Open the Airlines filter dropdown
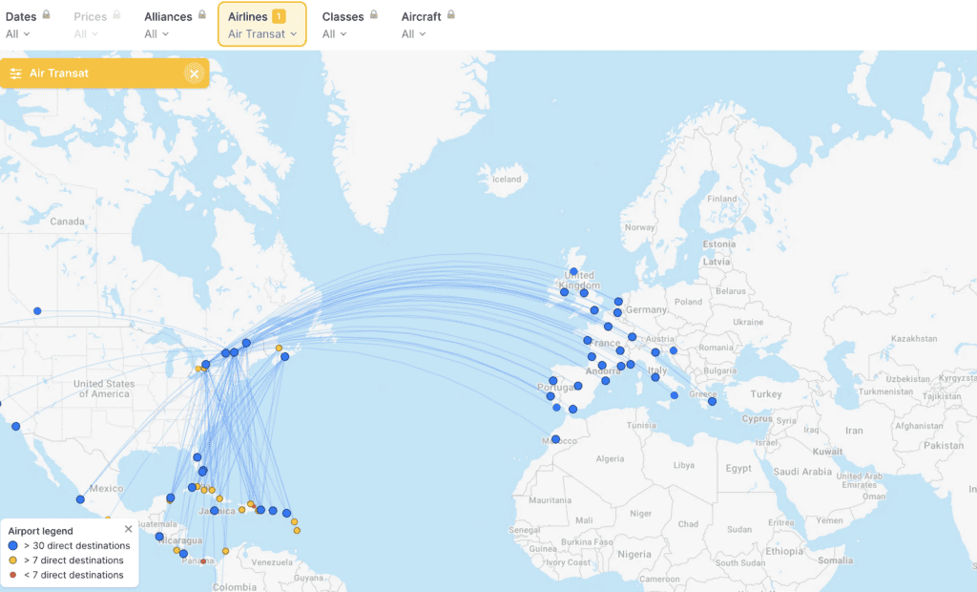click(x=262, y=25)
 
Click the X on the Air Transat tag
click(x=195, y=74)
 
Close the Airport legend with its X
click(x=129, y=529)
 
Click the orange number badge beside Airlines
click(x=279, y=16)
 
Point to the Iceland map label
click(x=507, y=180)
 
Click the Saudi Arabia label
click(x=803, y=472)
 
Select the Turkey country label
click(x=766, y=394)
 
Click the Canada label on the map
click(x=67, y=222)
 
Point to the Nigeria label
click(x=634, y=554)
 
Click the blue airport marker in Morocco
click(x=555, y=439)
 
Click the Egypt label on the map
click(x=738, y=469)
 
